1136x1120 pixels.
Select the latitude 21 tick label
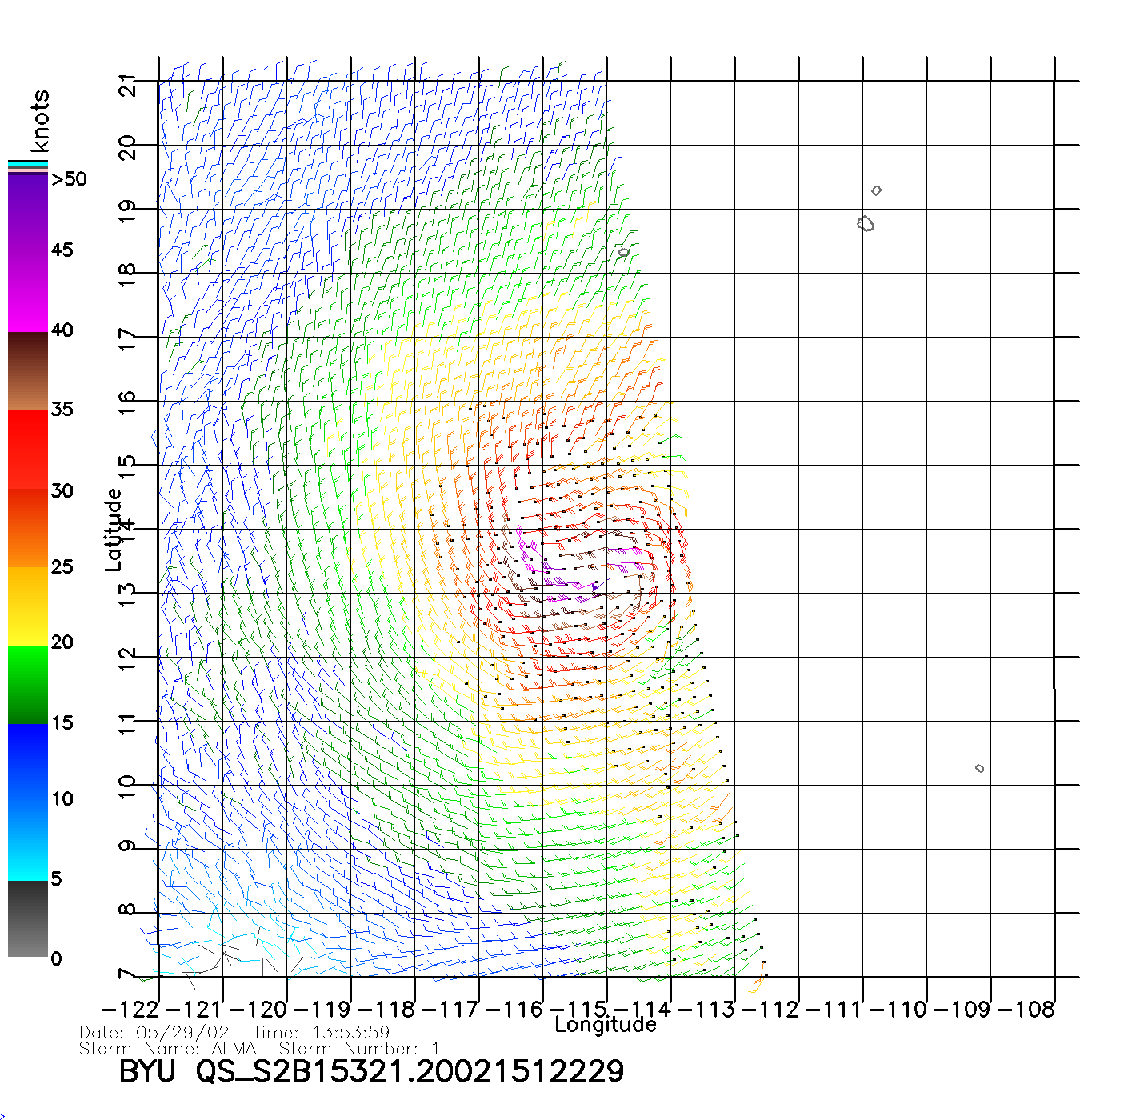point(128,85)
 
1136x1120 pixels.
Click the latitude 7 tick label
point(128,974)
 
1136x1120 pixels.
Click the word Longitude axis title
point(606,1025)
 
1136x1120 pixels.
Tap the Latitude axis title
point(114,530)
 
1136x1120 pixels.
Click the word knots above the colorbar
point(40,121)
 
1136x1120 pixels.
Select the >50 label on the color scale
point(70,179)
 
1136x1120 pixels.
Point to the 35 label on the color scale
point(62,410)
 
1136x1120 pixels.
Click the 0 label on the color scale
point(56,958)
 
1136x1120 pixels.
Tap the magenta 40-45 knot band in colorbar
point(28,292)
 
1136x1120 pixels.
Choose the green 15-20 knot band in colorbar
point(28,684)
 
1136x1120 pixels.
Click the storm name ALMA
point(234,1049)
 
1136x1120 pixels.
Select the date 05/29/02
point(182,1033)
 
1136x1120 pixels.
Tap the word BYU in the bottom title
point(147,1071)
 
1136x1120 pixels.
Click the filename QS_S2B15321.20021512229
point(410,1071)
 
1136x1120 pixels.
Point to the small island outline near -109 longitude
point(980,769)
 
